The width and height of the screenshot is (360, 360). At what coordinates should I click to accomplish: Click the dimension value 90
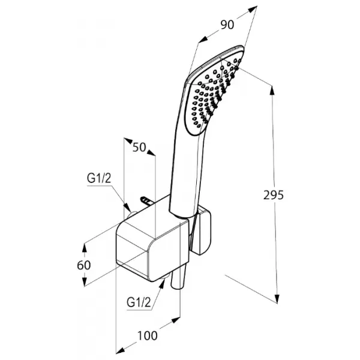click(227, 25)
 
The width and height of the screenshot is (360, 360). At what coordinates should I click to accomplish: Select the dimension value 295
click(274, 195)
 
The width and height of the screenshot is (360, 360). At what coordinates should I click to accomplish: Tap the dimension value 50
click(139, 147)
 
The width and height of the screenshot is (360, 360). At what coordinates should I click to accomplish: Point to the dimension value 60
click(84, 265)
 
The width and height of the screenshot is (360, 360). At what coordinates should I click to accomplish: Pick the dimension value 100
click(148, 335)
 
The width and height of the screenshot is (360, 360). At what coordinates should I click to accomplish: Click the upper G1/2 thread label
click(99, 178)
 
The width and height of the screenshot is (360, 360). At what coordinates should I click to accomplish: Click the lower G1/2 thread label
click(139, 302)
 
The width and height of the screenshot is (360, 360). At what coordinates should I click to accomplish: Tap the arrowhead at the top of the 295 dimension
click(272, 90)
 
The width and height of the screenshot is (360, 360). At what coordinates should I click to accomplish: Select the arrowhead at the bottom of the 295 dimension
click(277, 299)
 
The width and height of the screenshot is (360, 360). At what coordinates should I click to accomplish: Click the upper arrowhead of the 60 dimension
click(85, 248)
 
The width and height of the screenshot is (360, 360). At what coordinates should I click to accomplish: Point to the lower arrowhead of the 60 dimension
click(85, 282)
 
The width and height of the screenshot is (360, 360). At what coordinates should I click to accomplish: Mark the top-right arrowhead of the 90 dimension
click(253, 10)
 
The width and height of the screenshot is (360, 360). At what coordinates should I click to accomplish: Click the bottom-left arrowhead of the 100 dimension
click(121, 350)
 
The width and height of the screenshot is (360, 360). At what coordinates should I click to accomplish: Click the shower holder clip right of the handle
click(202, 231)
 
